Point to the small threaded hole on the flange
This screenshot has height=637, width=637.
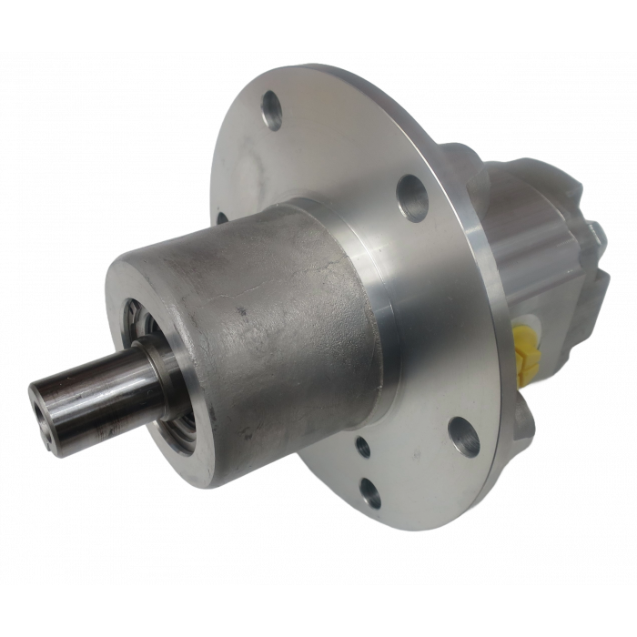tap(363, 445)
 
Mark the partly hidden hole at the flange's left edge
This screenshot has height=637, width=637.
tap(221, 218)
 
